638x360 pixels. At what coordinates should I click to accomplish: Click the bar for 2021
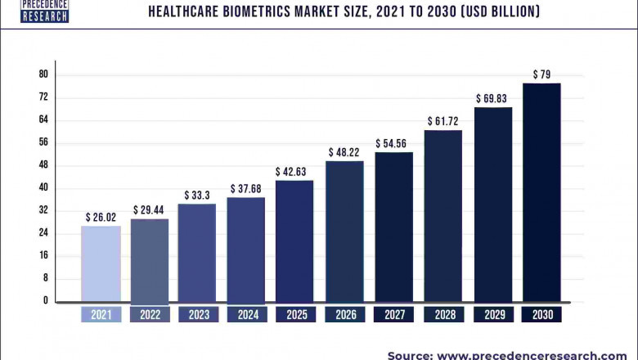tap(101, 263)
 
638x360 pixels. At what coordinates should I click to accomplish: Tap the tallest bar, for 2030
tap(541, 192)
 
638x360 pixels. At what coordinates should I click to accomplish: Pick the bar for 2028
tap(443, 216)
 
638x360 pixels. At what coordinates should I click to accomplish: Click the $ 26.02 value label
tap(101, 218)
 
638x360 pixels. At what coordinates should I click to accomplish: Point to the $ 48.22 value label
tap(344, 152)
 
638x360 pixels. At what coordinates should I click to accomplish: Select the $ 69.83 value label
tap(492, 99)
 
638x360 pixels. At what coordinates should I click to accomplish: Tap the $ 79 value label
tap(541, 74)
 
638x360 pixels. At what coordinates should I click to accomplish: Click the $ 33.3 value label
tap(197, 196)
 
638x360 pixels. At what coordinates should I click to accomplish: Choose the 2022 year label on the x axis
tap(150, 314)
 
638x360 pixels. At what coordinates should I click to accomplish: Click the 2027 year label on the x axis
tap(394, 314)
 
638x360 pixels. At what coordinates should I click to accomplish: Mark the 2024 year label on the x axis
tap(246, 314)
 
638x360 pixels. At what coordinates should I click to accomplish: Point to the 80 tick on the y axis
tap(43, 74)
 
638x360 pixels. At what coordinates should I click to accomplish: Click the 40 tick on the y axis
tap(43, 187)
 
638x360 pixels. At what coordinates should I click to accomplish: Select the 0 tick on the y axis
tap(46, 301)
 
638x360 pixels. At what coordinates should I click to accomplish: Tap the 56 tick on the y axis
tap(43, 142)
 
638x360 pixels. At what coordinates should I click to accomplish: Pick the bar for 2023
tap(197, 252)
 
